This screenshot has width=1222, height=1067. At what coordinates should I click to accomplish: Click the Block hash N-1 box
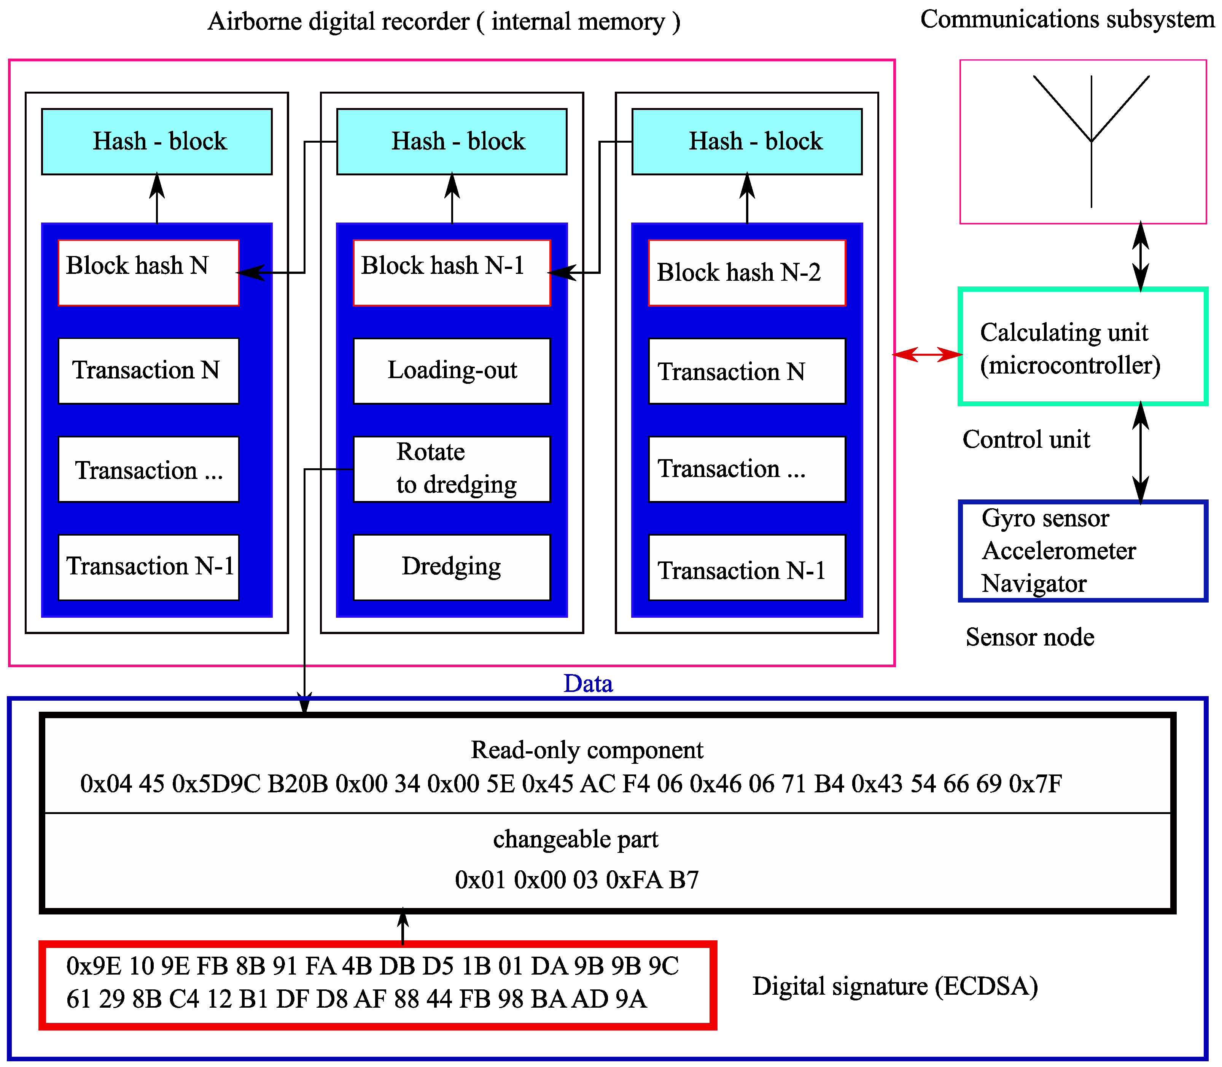tap(451, 273)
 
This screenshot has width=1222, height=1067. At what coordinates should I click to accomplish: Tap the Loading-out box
tap(451, 371)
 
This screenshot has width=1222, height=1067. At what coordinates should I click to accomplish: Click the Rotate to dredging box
tap(451, 469)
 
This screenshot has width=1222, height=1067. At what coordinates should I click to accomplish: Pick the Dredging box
tap(451, 566)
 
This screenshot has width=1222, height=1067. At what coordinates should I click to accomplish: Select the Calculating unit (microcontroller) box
tap(1082, 347)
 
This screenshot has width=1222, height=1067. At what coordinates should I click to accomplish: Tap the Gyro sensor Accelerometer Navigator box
tap(1082, 551)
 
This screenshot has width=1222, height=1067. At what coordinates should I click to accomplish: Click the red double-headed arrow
tap(927, 355)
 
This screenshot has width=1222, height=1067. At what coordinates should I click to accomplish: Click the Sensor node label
tap(1029, 637)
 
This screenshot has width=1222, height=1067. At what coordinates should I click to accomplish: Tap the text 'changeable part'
tap(575, 839)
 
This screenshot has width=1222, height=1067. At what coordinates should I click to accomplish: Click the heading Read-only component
tap(587, 750)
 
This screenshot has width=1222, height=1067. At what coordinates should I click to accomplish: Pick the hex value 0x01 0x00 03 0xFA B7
tap(576, 879)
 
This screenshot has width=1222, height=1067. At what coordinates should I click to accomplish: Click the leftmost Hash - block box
tap(157, 142)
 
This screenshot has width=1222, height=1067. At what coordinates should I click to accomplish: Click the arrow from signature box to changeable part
tap(403, 927)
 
